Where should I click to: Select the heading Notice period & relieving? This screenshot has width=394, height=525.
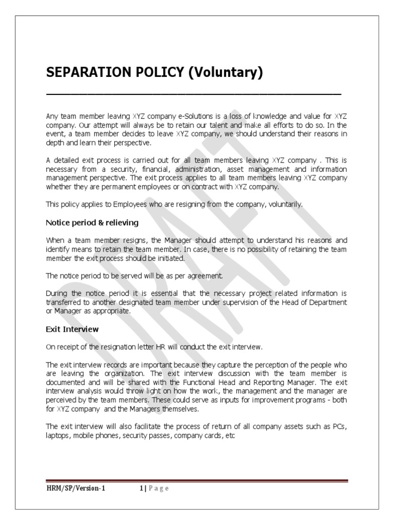pyautogui.click(x=92, y=223)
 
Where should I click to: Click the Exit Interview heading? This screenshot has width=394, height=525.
pyautogui.click(x=72, y=329)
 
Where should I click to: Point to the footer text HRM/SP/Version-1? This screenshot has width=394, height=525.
pyautogui.click(x=75, y=488)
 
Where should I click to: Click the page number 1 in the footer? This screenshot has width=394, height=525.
pyautogui.click(x=142, y=488)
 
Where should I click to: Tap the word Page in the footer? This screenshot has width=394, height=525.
pyautogui.click(x=158, y=488)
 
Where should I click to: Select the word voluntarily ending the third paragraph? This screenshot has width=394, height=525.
pyautogui.click(x=285, y=204)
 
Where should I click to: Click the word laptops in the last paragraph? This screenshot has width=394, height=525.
pyautogui.click(x=58, y=435)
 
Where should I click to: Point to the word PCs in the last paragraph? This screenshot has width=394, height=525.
pyautogui.click(x=340, y=426)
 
